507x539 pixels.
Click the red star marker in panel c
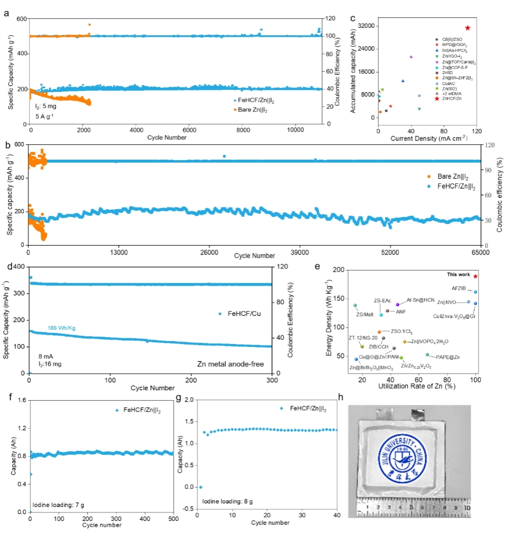coord(467,28)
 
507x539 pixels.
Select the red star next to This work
coord(476,276)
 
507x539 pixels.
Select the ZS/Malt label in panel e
coord(363,314)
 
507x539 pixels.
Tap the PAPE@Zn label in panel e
coord(447,357)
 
